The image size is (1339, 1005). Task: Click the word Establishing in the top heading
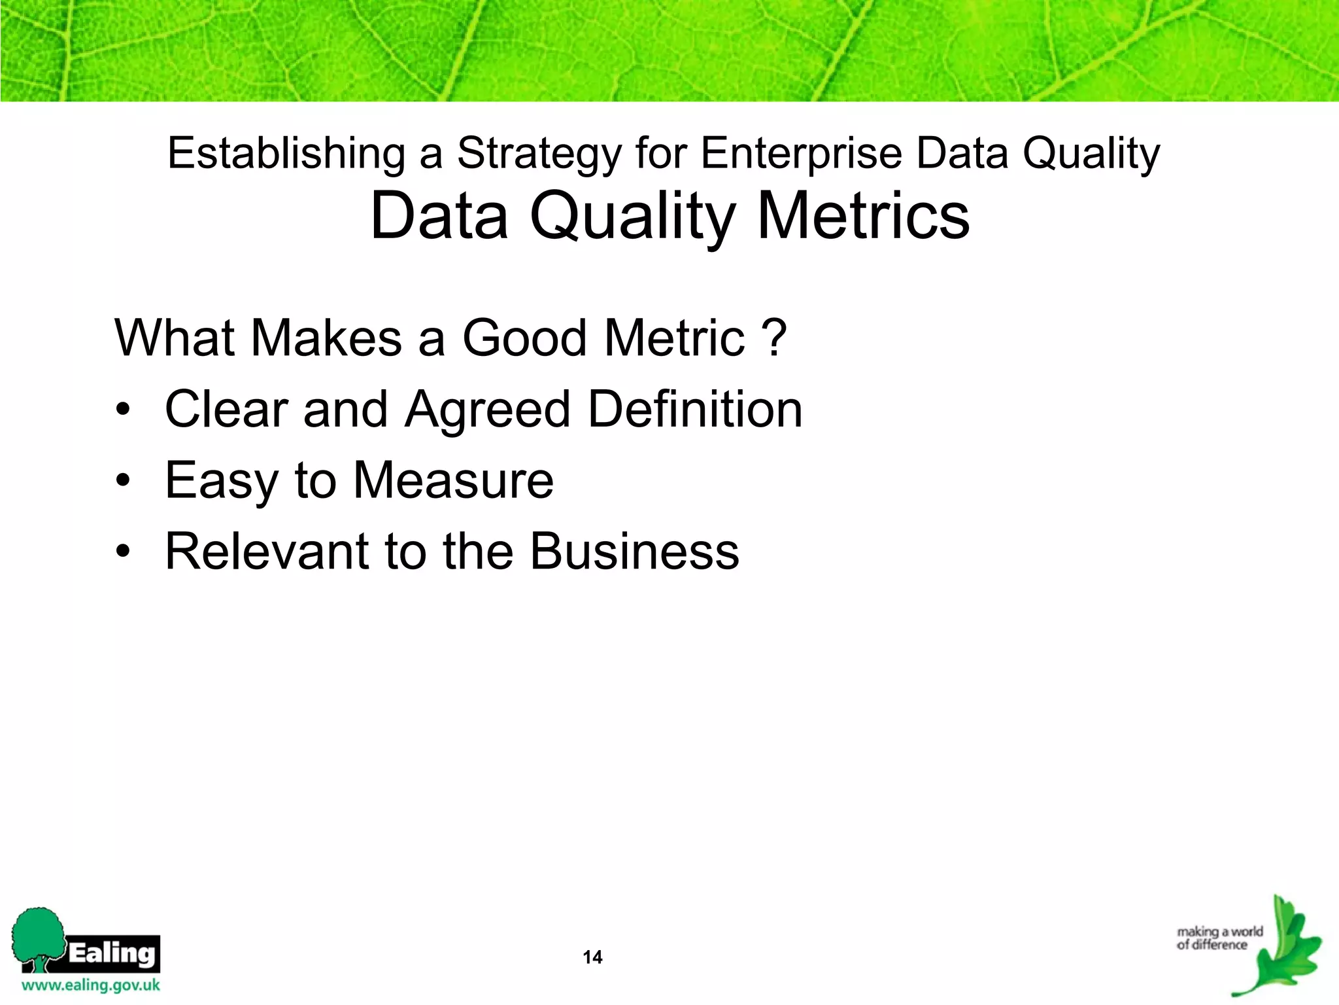point(286,154)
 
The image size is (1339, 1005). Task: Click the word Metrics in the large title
point(863,216)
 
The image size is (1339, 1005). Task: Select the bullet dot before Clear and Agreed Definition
point(123,410)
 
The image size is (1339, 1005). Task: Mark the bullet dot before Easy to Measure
point(123,482)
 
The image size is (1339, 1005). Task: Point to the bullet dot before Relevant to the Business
point(123,552)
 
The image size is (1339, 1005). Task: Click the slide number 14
point(592,957)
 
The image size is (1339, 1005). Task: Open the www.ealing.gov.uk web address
point(91,985)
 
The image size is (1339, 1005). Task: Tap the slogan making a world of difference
point(1219,938)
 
